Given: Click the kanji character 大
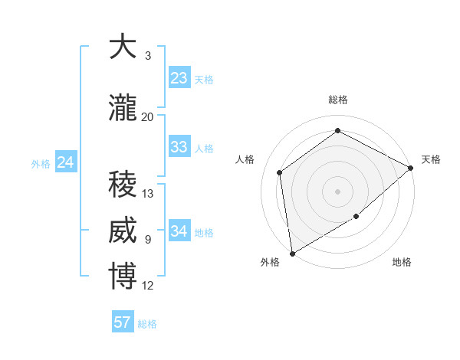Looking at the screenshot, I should (123, 47).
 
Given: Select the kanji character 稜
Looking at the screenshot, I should (123, 185).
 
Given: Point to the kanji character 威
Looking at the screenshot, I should (123, 231).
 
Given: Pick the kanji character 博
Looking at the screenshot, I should (123, 277).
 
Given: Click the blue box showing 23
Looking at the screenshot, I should (179, 78).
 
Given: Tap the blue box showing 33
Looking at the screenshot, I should (179, 147).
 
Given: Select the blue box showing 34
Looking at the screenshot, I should (179, 231).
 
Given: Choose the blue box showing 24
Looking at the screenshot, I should (66, 162).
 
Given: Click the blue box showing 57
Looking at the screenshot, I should (123, 322).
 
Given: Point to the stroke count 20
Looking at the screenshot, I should (148, 117).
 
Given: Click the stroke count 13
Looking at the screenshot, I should (148, 194).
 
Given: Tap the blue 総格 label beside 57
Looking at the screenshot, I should (147, 324).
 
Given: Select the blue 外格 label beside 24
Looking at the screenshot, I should (41, 163).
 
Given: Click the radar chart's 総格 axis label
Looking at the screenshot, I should (338, 100).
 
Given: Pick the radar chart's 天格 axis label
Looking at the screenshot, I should (431, 159).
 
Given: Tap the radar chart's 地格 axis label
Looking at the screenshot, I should (402, 263).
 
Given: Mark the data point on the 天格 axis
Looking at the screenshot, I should (412, 168).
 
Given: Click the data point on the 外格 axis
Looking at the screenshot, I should (292, 254).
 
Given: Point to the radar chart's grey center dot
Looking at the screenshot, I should (337, 191).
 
